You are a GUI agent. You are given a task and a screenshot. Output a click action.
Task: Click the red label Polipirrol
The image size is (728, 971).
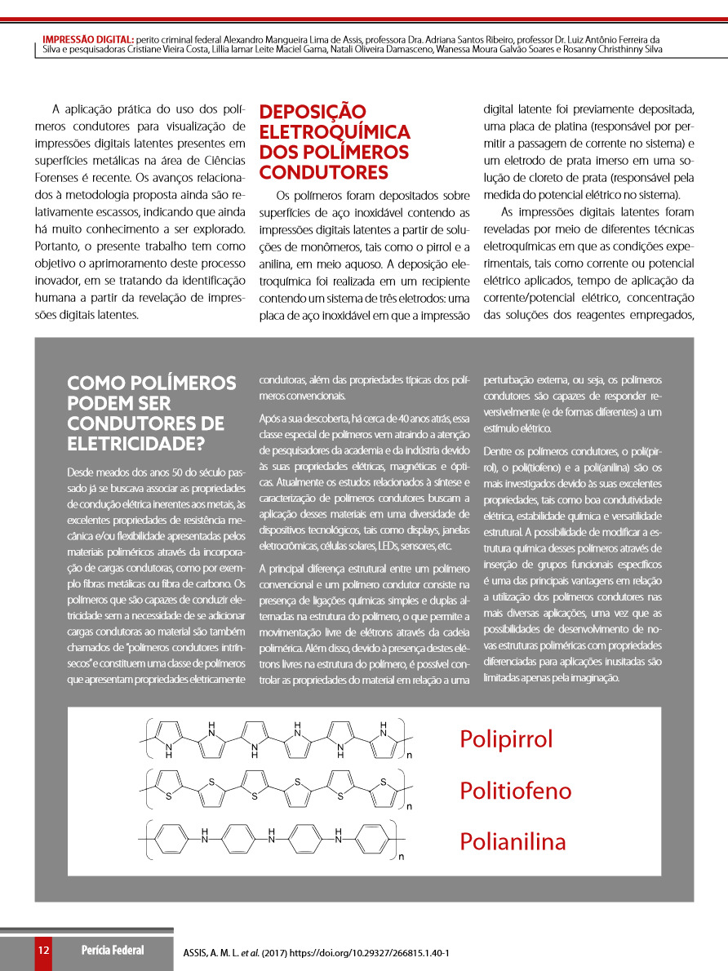click(506, 739)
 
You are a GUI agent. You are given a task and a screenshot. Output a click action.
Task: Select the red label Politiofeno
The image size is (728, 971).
click(515, 791)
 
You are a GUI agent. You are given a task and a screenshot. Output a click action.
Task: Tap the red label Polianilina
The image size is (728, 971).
click(513, 841)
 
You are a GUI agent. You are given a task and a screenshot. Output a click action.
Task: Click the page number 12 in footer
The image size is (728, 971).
click(43, 951)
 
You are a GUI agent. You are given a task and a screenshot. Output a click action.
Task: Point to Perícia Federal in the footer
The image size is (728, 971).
click(113, 951)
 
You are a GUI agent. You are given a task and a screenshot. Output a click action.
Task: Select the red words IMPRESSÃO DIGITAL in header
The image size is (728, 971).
click(88, 38)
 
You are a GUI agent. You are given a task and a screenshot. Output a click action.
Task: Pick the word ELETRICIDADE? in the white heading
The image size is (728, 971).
click(136, 444)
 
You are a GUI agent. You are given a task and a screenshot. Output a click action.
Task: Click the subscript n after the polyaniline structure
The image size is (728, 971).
click(402, 857)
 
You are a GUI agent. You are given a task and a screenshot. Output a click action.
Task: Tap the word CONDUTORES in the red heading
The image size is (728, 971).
click(323, 172)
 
